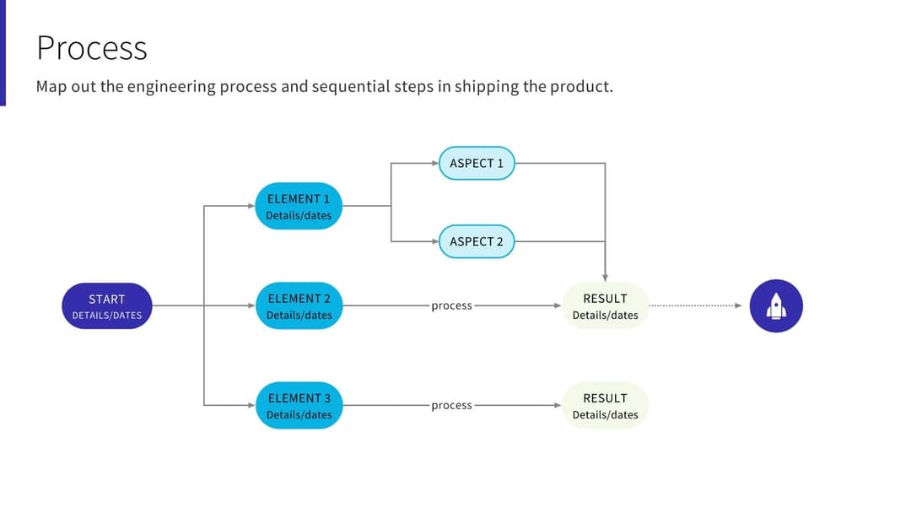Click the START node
[x=106, y=305]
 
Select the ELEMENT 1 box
[x=299, y=206]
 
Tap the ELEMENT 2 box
[x=299, y=305]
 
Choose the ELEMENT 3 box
[x=299, y=405]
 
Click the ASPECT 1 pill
[x=477, y=163]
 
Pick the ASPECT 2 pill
[x=477, y=241]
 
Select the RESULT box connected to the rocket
[x=605, y=305]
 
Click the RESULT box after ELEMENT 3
[x=605, y=405]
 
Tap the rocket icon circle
[x=776, y=305]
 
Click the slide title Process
[x=91, y=48]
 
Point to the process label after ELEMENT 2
[x=451, y=305]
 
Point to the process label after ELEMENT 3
[x=451, y=405]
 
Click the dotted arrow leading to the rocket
[x=696, y=305]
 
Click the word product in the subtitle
[x=580, y=87]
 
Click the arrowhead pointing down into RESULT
[x=605, y=278]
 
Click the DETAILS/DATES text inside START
[x=106, y=316]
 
